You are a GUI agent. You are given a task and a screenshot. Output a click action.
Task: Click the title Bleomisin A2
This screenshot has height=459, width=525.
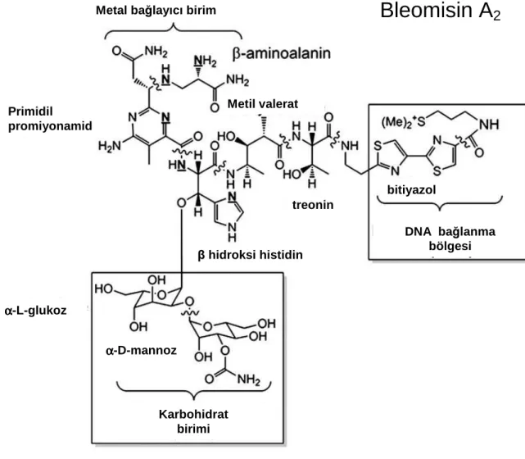click(x=441, y=11)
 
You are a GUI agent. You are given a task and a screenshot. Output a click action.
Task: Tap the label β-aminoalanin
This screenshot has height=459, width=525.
click(x=282, y=53)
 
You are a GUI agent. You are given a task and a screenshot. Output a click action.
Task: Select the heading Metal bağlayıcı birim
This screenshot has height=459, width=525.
click(x=156, y=11)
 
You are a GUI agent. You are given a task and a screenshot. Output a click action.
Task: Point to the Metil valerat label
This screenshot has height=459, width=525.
click(x=263, y=104)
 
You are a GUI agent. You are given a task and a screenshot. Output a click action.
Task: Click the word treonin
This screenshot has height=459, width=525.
click(x=313, y=205)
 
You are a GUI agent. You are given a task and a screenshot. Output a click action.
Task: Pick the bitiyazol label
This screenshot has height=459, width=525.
click(x=411, y=190)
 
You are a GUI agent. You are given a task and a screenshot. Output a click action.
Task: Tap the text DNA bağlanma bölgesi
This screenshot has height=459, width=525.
click(x=450, y=239)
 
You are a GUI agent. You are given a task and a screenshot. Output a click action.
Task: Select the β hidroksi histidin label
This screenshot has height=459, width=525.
click(x=250, y=255)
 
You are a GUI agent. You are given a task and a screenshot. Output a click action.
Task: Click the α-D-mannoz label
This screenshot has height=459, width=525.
click(x=141, y=351)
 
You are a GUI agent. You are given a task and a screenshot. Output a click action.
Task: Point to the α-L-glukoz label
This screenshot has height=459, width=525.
click(x=36, y=311)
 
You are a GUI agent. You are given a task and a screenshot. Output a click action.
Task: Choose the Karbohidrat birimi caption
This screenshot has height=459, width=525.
click(x=193, y=421)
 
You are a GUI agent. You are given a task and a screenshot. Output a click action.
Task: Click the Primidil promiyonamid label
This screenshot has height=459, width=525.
click(x=50, y=119)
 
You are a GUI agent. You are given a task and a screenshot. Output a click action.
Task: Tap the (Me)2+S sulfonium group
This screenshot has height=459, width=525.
click(x=403, y=122)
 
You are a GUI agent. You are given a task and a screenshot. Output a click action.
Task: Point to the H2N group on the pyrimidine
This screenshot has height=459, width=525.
click(x=109, y=146)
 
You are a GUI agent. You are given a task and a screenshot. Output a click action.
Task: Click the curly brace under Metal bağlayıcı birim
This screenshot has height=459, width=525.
click(x=174, y=28)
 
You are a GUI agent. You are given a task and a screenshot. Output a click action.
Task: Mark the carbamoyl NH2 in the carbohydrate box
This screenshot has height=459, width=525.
click(x=249, y=379)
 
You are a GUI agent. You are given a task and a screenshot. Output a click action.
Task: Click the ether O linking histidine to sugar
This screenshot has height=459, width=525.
click(x=181, y=203)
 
